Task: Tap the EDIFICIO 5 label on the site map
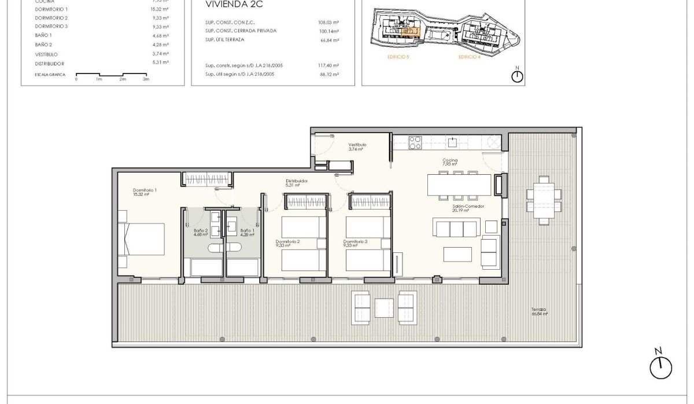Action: [x=399, y=57]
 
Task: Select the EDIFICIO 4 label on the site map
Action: [x=469, y=57]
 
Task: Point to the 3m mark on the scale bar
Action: [x=146, y=79]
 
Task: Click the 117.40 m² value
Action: [x=328, y=65]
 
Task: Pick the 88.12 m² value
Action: [x=328, y=74]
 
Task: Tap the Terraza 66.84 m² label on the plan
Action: [x=539, y=311]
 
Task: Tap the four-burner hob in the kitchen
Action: [x=416, y=142]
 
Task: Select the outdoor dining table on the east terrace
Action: [x=544, y=200]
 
